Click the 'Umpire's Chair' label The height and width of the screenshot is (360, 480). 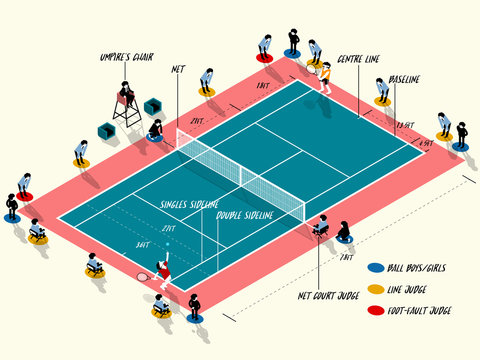(x=126, y=57)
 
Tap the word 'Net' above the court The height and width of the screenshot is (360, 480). (x=178, y=69)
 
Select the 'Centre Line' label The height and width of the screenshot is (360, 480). (x=358, y=59)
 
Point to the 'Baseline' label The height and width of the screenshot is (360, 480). (x=404, y=79)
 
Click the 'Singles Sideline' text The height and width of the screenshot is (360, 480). (x=189, y=204)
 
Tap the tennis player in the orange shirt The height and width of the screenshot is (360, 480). (x=324, y=76)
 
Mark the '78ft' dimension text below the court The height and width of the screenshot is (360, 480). (x=346, y=257)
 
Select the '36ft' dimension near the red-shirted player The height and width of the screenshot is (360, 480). (x=142, y=243)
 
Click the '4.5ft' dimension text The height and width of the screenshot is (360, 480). (x=426, y=144)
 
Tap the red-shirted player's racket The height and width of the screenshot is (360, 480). (x=143, y=275)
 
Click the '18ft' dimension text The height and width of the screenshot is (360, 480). (x=262, y=87)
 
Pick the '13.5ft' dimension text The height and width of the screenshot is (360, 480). (x=405, y=125)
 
